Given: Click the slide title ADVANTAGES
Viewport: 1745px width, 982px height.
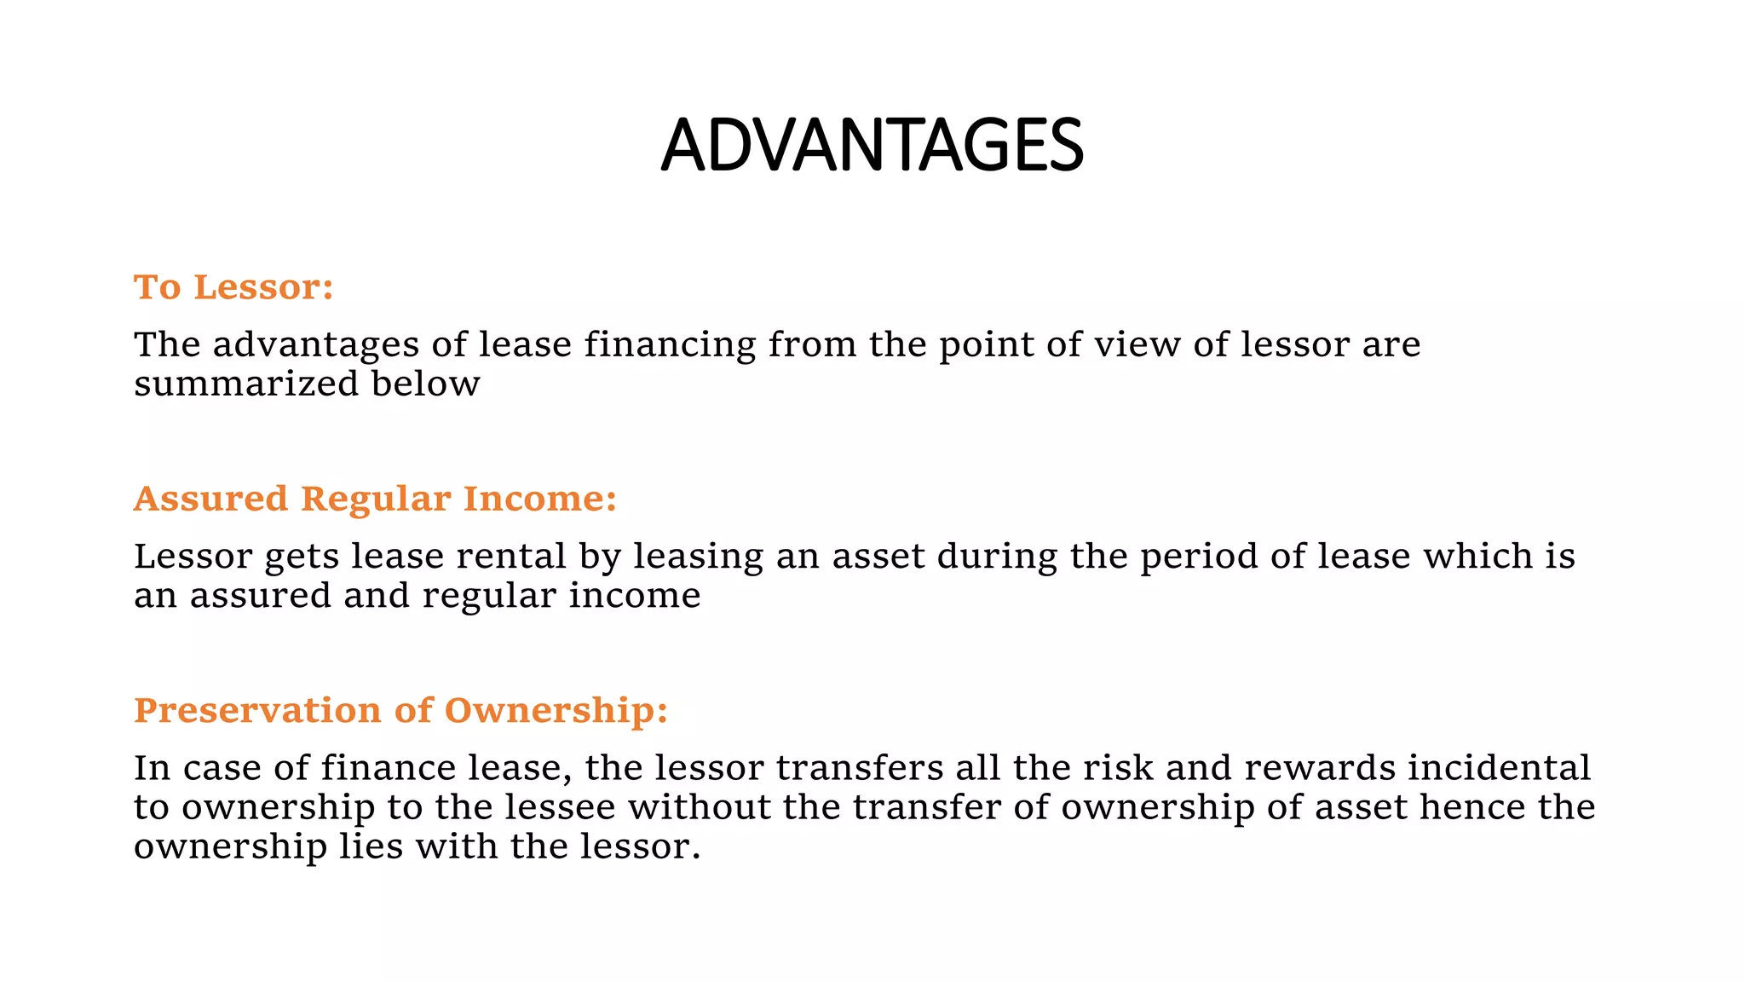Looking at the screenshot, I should pyautogui.click(x=872, y=145).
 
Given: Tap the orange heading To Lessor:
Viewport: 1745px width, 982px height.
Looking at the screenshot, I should pyautogui.click(x=233, y=287).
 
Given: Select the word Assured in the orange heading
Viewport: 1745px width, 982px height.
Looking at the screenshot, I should pyautogui.click(x=210, y=499).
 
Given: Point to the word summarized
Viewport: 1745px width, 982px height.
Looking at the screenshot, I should pyautogui.click(x=246, y=384).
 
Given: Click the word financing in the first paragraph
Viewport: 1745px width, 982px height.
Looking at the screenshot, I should pyautogui.click(x=670, y=345).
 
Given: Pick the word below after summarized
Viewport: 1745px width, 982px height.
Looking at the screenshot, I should pyautogui.click(x=425, y=384).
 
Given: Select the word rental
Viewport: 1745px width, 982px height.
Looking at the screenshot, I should pyautogui.click(x=511, y=557).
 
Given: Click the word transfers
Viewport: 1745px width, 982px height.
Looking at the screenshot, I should pyautogui.click(x=859, y=768).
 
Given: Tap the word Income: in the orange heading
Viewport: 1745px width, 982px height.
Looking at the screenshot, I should pyautogui.click(x=539, y=499).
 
